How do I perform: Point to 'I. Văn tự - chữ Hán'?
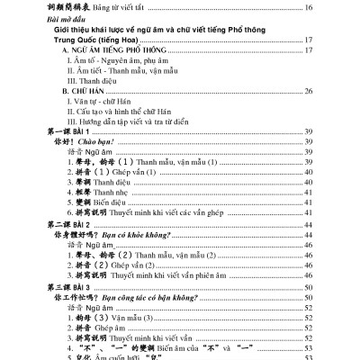pyautogui.click(x=98, y=102)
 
